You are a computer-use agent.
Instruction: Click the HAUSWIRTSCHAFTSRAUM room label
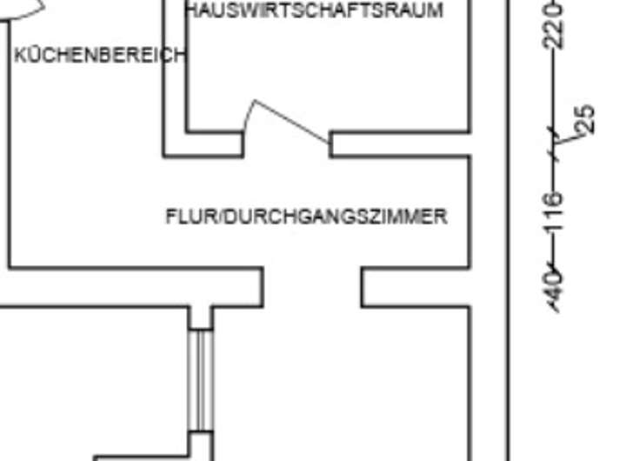(314, 11)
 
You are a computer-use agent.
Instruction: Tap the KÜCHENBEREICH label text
(100, 56)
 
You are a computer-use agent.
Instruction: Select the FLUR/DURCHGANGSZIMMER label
(306, 217)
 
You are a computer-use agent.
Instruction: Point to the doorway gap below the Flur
(312, 287)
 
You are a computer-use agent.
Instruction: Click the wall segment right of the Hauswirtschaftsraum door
(400, 144)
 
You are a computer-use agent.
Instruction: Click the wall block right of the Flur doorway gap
(416, 287)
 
